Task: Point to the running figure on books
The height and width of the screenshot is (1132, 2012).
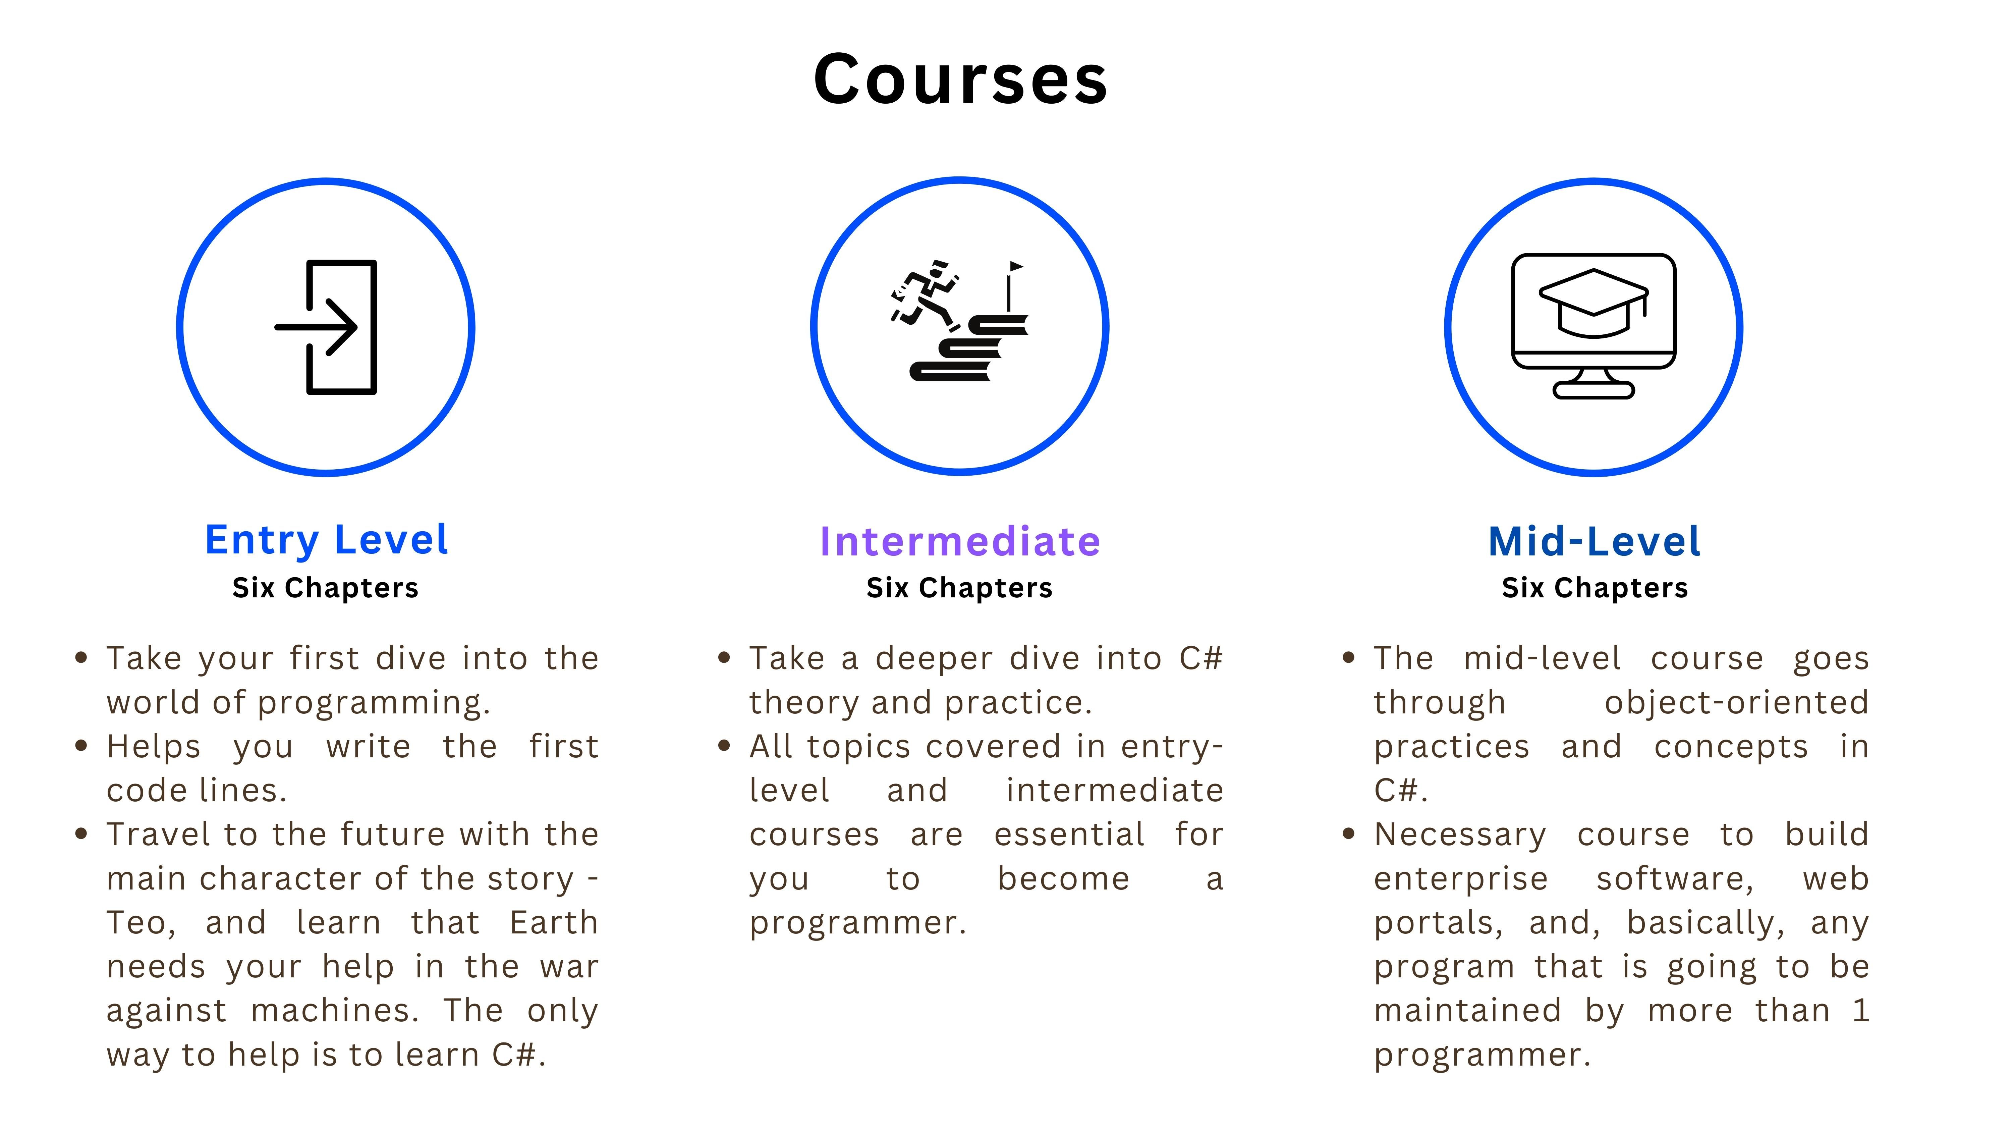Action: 926,293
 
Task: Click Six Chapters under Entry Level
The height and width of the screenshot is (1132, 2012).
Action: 326,588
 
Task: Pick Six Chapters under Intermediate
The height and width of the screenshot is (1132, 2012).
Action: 960,588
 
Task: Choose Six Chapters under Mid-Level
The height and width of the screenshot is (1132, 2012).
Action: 1595,588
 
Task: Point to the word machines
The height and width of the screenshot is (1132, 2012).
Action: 334,1011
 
